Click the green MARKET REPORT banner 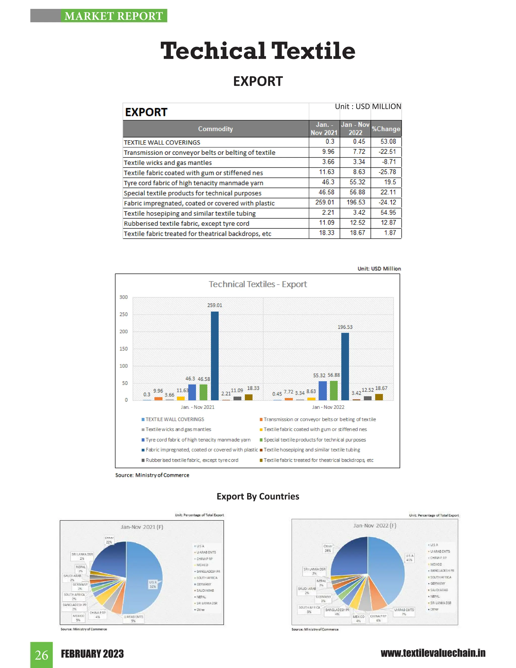coord(114,16)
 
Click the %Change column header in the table coord(386,129)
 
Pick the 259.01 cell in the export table coord(325,202)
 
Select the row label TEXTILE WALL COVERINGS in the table coord(162,142)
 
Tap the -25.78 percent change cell coord(387,172)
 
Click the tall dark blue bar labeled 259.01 coord(215,355)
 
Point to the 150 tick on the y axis coord(123,349)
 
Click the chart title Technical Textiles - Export coord(258,284)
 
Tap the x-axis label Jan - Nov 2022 coord(328,407)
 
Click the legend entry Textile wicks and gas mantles coord(178,430)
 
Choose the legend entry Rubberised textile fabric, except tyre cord coord(192,460)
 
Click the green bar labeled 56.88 coord(334,390)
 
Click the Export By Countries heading coord(258,496)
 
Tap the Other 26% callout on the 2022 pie coord(328,548)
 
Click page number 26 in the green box coord(42,655)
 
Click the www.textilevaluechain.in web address coord(433,653)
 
